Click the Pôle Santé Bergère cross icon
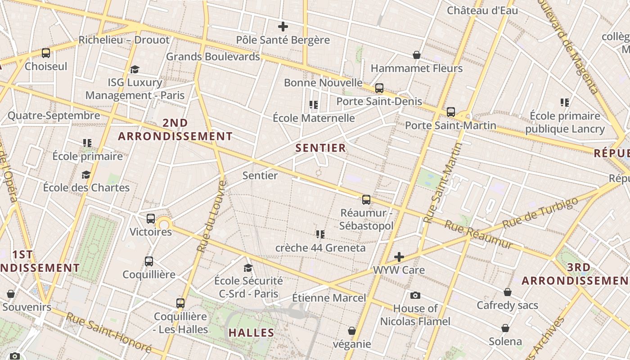(x=283, y=27)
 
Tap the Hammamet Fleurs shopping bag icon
(x=417, y=55)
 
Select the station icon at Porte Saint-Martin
(x=451, y=112)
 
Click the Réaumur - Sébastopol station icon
(x=366, y=199)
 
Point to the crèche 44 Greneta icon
(x=320, y=234)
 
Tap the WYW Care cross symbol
(x=399, y=257)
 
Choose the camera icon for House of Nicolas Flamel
(x=415, y=295)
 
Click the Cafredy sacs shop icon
(x=508, y=292)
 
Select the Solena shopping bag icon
(x=505, y=328)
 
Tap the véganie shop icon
(x=352, y=331)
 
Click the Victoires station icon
(x=151, y=219)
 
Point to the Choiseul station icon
(x=46, y=53)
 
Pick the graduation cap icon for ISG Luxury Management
(x=135, y=69)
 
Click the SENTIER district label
(x=321, y=148)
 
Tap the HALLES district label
(x=252, y=333)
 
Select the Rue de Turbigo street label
(x=540, y=212)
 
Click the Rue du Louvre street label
(x=211, y=216)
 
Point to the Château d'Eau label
(x=482, y=10)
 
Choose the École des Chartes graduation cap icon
(x=86, y=175)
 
